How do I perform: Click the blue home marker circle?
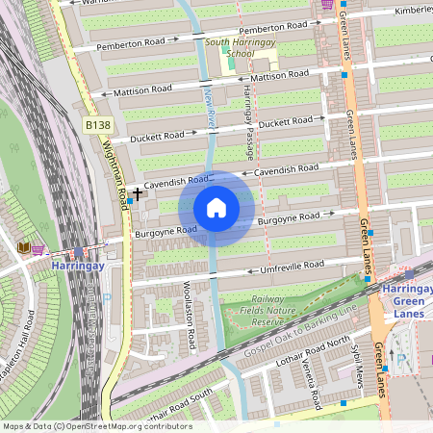[x=216, y=207]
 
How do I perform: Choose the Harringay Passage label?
[x=247, y=110]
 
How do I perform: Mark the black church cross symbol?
[x=138, y=193]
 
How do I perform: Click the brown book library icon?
[x=23, y=247]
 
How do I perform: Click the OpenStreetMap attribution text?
[x=96, y=426]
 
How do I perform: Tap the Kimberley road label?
[x=413, y=11]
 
